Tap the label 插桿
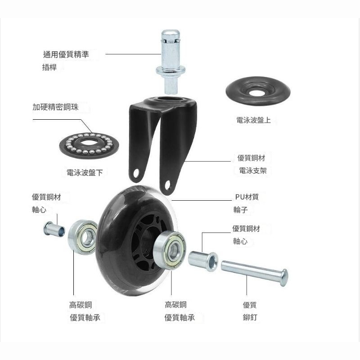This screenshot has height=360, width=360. point(49,68)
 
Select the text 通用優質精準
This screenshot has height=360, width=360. point(66,55)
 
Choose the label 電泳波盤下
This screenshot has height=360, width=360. point(87,172)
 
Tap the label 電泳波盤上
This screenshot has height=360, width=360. point(253,121)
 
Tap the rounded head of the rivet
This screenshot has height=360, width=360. point(283,277)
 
